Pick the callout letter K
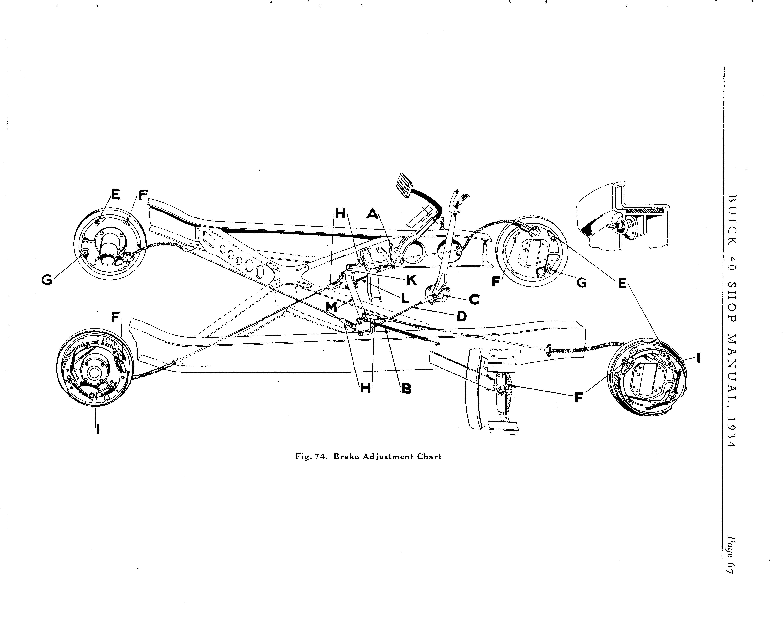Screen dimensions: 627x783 tap(411, 280)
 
